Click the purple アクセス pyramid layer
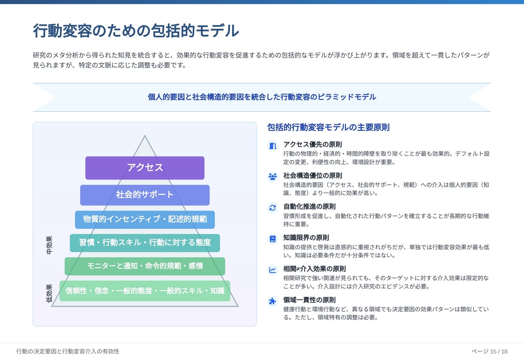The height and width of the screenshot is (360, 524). (x=145, y=168)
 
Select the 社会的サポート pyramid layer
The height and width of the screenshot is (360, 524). (x=145, y=195)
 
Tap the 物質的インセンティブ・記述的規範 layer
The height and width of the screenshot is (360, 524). (x=145, y=219)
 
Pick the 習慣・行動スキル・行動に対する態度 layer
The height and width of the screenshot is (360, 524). (x=145, y=243)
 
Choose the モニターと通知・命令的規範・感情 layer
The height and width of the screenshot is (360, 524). (x=145, y=266)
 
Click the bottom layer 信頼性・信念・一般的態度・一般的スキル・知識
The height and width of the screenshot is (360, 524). (x=145, y=291)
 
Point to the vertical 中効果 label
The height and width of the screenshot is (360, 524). (x=49, y=245)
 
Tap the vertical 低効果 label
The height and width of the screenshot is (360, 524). (x=49, y=293)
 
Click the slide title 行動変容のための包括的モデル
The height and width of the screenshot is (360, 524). (x=136, y=31)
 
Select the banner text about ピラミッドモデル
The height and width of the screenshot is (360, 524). (x=262, y=97)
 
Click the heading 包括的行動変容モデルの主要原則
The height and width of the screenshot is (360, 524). (x=328, y=127)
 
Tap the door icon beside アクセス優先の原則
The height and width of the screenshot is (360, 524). (x=273, y=145)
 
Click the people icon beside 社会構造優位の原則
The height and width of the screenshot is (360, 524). (x=273, y=177)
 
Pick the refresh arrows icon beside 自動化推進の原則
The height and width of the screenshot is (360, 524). (x=273, y=208)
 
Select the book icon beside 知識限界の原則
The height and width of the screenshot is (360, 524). (x=273, y=238)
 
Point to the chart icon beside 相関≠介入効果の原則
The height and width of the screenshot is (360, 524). (x=273, y=270)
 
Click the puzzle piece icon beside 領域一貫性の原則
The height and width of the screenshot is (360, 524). (x=273, y=301)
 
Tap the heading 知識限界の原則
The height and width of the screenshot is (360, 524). (x=306, y=238)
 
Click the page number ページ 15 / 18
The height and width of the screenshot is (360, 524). (x=489, y=351)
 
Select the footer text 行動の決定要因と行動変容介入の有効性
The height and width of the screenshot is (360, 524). (x=68, y=351)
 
